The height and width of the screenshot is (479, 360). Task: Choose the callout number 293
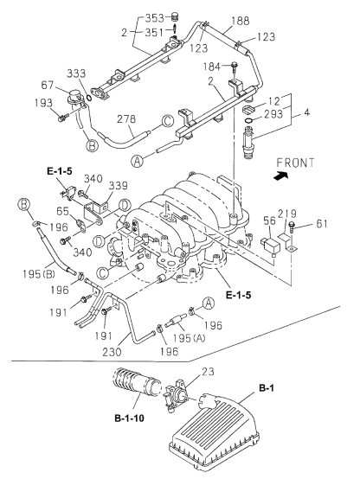(275, 113)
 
